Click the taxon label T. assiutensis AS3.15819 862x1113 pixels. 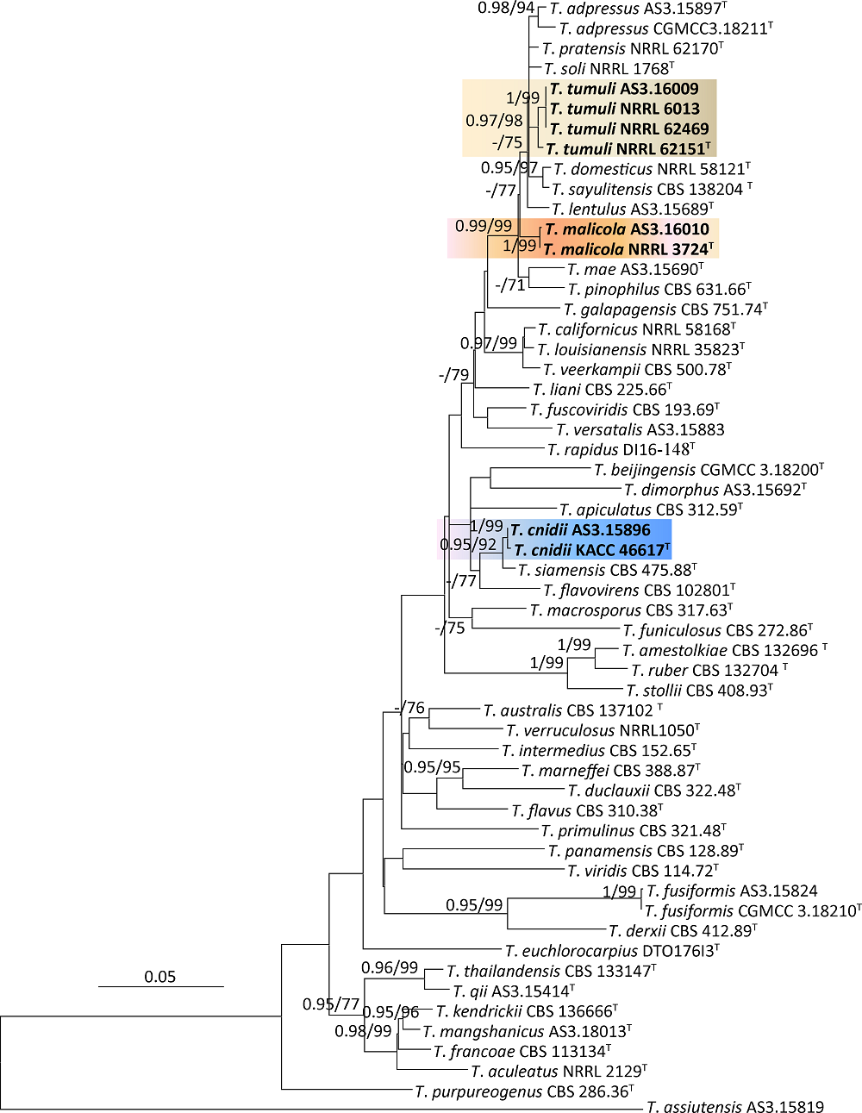(x=735, y=1107)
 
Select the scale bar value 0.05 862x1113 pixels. (x=159, y=977)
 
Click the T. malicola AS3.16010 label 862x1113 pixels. (x=627, y=229)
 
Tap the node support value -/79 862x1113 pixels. (x=453, y=375)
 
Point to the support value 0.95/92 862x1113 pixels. (x=468, y=544)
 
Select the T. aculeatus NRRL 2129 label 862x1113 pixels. (x=559, y=1072)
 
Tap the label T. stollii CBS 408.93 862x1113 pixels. (x=699, y=691)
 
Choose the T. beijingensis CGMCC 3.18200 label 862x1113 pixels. (x=709, y=470)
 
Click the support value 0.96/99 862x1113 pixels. (x=390, y=967)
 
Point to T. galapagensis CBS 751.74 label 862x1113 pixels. (x=665, y=310)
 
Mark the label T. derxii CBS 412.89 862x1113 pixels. (x=682, y=931)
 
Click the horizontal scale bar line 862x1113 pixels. (x=160, y=986)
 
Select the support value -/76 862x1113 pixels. (x=409, y=708)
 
